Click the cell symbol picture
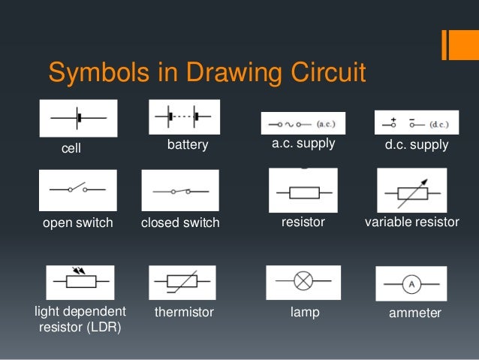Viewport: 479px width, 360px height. point(78,119)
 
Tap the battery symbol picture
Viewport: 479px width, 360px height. point(185,117)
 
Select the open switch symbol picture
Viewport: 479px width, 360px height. point(77,189)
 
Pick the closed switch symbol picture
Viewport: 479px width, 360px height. point(180,191)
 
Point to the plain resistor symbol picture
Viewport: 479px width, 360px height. point(303,192)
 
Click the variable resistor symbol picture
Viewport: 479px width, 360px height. point(411,191)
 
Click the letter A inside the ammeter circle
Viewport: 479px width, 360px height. point(411,283)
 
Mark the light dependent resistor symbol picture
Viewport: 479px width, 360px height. point(80,283)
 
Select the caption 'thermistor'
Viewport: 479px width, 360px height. point(184,312)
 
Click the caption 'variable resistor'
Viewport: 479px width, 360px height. point(411,222)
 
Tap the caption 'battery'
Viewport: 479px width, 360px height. point(188,144)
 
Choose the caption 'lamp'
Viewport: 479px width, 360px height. point(305,312)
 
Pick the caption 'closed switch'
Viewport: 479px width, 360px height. point(180,222)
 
